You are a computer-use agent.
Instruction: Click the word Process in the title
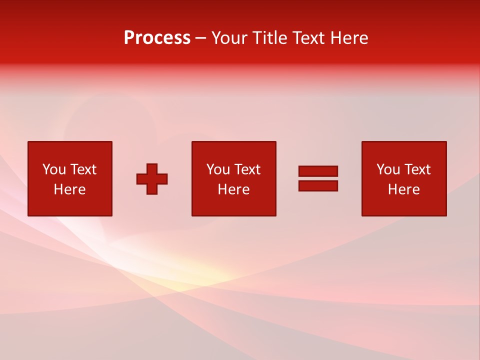tap(157, 38)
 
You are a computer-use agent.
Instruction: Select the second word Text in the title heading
tap(309, 38)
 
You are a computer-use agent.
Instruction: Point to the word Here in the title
tap(349, 38)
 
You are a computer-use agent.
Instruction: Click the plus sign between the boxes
tap(152, 179)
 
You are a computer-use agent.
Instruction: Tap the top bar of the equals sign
tap(318, 171)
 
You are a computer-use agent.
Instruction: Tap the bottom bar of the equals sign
tap(318, 185)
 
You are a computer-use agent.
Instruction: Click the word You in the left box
tap(54, 169)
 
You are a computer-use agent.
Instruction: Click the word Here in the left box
tap(69, 189)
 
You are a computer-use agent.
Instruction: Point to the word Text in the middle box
tap(247, 169)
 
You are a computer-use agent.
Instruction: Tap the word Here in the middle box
tap(233, 189)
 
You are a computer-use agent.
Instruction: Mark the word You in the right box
tap(388, 169)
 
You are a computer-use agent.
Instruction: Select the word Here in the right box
tap(403, 189)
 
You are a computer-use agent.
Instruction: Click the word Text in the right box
tap(417, 169)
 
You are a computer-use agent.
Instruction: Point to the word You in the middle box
tap(218, 169)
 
